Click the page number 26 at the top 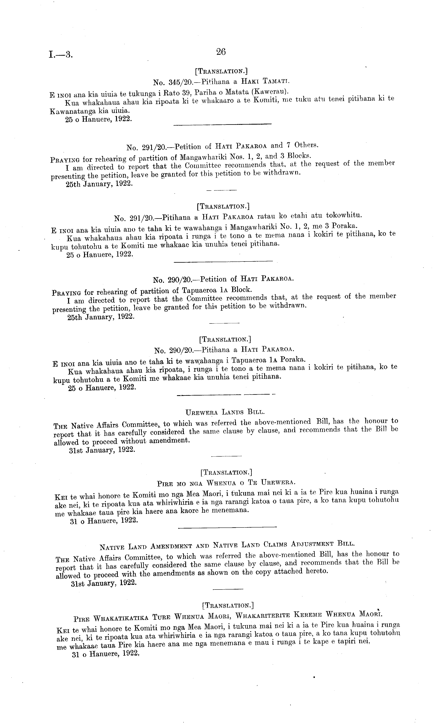tap(221, 52)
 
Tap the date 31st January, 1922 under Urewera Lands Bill tap(102, 450)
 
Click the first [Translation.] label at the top tap(221, 71)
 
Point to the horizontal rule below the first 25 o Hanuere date tap(223, 125)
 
